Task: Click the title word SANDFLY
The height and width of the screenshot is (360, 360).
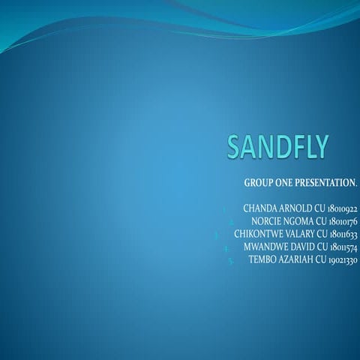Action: coord(278,147)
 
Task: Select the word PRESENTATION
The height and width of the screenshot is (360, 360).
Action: coord(326,183)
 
